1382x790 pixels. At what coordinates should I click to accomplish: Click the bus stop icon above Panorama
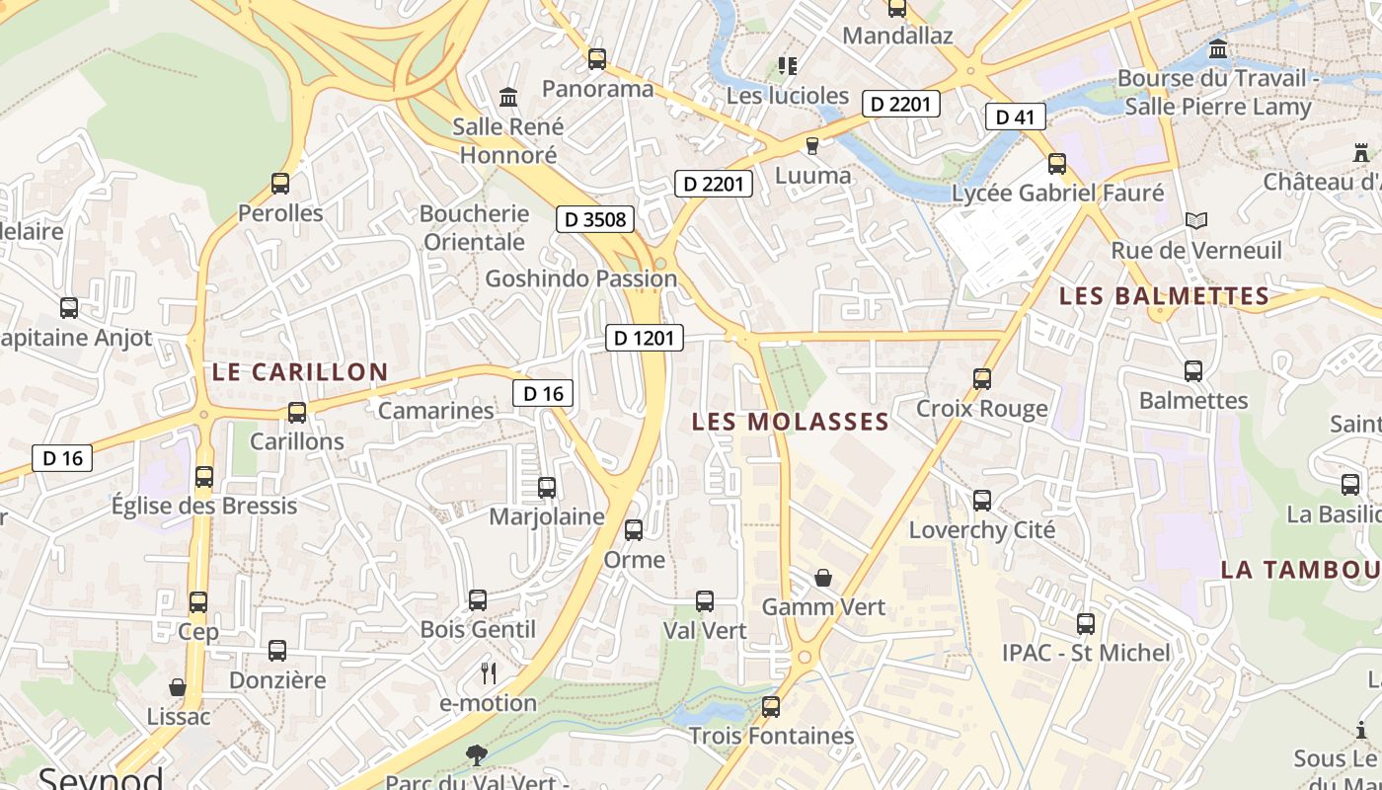(597, 58)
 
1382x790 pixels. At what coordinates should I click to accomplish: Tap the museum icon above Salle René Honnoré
(508, 97)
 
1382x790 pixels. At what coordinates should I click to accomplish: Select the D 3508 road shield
(594, 219)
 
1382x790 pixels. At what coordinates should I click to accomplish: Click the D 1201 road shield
(644, 338)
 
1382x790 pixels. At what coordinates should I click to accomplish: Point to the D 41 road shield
(1015, 118)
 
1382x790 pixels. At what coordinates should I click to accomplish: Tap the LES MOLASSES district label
(790, 423)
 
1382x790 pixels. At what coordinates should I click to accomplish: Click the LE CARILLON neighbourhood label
(300, 372)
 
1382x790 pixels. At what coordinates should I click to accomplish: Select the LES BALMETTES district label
(1164, 296)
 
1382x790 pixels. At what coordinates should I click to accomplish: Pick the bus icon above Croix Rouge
(981, 378)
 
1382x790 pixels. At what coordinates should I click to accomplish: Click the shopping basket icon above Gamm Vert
(823, 578)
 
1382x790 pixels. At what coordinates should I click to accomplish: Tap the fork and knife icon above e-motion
(488, 673)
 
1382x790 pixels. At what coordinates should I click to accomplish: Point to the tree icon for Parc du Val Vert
(476, 755)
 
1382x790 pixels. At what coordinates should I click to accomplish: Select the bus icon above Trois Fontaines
(771, 706)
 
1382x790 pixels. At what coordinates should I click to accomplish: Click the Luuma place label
(813, 176)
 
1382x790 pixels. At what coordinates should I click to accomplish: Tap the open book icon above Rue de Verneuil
(1196, 220)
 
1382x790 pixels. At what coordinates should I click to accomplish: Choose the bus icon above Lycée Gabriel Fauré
(1057, 163)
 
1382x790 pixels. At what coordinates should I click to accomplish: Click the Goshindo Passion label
(580, 278)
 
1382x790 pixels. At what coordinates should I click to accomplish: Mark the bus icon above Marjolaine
(547, 487)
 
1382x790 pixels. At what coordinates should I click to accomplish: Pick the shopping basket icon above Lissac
(178, 686)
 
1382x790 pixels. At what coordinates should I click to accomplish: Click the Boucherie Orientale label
(474, 228)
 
